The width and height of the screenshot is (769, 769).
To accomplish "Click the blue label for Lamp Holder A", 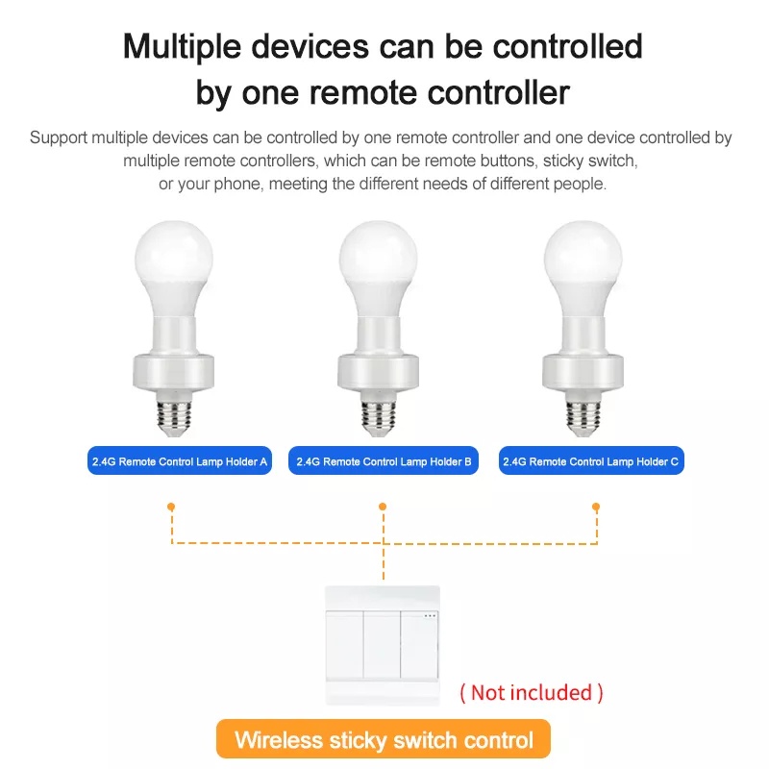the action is point(180,460).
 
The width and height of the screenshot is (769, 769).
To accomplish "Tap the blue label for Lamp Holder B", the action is point(383,460).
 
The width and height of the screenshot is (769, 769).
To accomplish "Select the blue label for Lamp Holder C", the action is point(591,460).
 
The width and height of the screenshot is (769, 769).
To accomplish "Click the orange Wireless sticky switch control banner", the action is point(383,738).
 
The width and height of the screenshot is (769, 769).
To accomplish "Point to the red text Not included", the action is point(532,692).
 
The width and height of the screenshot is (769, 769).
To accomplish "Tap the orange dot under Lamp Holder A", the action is point(171,507).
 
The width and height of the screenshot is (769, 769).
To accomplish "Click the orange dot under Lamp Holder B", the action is point(383,507).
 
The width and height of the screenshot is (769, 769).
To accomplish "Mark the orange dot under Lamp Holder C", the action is point(596,507).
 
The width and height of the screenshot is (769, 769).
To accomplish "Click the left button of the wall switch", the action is point(344,644).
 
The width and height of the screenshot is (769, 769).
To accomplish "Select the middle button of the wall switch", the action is point(382,644).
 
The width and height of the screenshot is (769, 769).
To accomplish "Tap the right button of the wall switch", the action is point(419,644).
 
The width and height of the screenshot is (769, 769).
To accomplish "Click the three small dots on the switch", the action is point(430,616).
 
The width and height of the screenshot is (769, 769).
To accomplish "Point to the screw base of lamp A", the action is point(174,418).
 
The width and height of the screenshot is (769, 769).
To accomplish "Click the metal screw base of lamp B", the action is point(379,418).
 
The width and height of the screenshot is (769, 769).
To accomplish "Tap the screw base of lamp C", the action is point(583,418).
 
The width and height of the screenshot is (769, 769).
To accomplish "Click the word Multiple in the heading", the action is point(182,47).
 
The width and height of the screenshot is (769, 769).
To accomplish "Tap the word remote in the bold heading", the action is point(363,92).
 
